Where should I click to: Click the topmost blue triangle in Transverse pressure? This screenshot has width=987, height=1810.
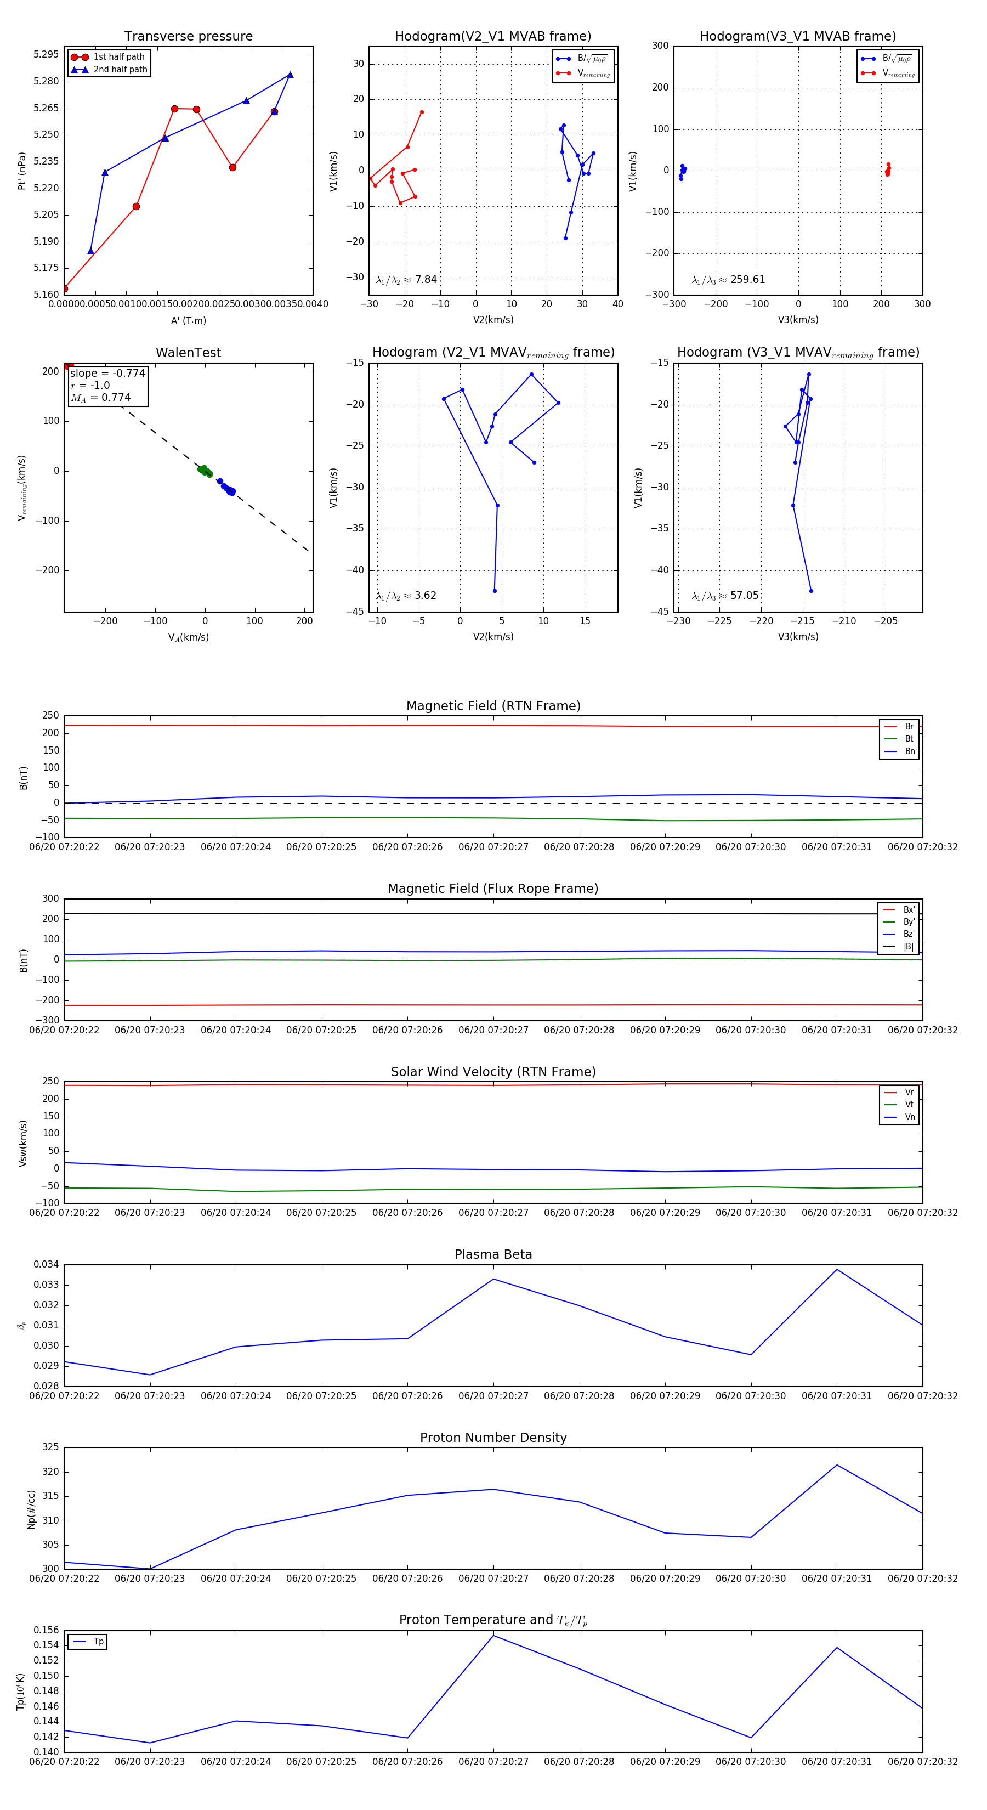[x=290, y=75]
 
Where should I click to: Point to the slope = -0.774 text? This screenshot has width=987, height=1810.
[x=107, y=373]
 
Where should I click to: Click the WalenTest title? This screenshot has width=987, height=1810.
[x=188, y=353]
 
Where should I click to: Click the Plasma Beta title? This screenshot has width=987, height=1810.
[x=493, y=1254]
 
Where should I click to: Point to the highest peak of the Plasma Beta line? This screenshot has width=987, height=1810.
[x=837, y=1270]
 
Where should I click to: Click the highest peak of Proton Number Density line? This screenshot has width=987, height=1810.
[x=837, y=1465]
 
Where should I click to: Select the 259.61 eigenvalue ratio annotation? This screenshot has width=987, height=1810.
[x=729, y=280]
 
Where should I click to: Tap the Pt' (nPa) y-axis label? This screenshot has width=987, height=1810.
[x=22, y=171]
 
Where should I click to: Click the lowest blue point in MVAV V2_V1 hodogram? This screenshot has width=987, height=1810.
[x=495, y=591]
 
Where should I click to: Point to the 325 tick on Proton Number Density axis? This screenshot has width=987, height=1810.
[x=50, y=1447]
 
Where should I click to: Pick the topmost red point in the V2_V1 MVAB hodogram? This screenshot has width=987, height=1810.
[x=422, y=112]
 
